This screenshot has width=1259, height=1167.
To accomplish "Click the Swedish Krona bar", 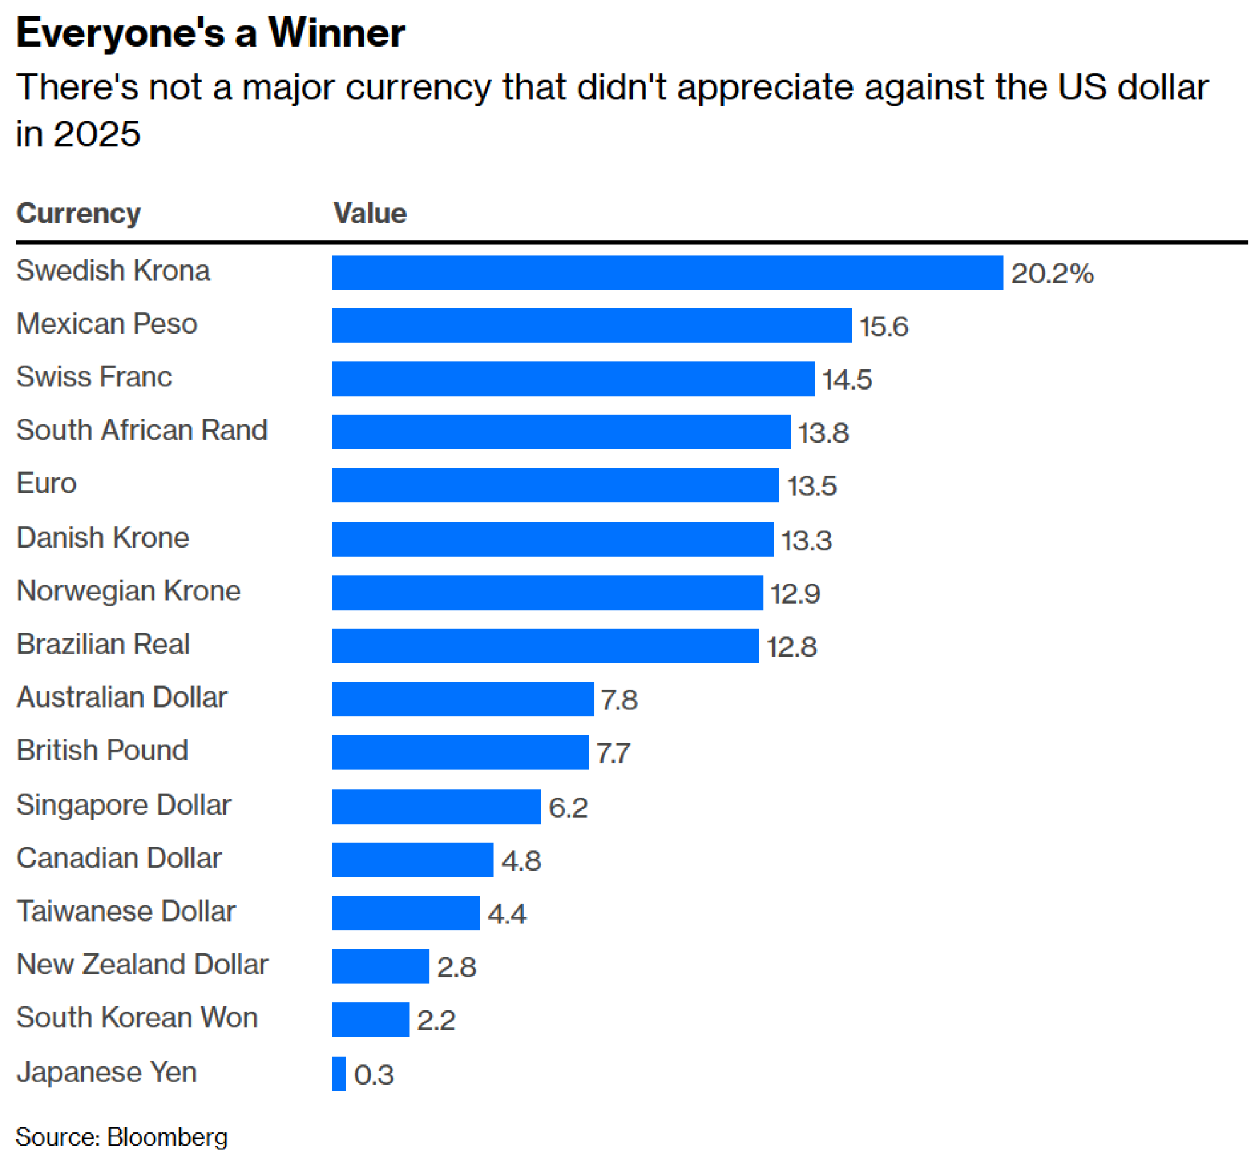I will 667,272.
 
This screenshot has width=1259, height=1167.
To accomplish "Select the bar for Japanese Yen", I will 339,1074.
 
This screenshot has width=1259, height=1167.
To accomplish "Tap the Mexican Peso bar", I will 592,325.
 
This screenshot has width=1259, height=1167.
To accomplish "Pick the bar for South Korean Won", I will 371,1019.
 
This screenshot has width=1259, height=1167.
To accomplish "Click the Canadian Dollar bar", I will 412,859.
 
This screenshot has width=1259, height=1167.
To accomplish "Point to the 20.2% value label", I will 1052,273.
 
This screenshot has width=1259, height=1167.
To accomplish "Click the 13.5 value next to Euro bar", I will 811,486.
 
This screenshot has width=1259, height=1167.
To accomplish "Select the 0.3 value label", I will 374,1075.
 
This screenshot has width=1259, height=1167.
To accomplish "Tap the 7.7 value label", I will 613,753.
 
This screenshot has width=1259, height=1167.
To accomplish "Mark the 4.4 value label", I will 507,914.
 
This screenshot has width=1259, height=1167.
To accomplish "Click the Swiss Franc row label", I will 94,377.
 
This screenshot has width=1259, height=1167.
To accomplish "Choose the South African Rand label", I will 142,430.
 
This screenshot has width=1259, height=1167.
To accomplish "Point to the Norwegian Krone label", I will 129,591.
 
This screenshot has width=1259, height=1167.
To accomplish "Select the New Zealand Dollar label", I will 143,964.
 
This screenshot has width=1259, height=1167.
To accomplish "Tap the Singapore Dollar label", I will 124,804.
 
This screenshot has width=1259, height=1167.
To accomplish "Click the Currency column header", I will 78,213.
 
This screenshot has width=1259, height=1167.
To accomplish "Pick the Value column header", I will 370,213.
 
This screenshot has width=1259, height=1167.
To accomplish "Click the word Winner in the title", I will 336,33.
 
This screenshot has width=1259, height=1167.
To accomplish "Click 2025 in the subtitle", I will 96,134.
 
